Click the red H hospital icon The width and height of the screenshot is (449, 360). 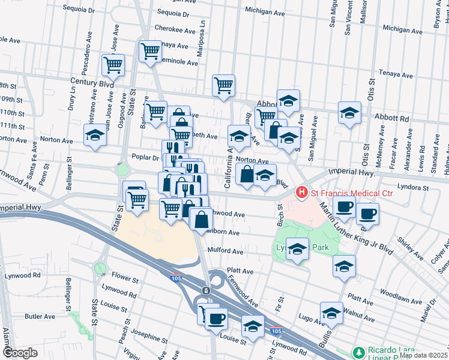pos(301,193)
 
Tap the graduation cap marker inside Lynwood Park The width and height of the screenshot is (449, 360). pos(297,248)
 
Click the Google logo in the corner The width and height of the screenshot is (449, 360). pos(20,352)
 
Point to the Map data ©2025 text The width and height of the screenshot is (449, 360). pos(423,355)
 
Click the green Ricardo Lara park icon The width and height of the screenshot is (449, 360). pos(358,351)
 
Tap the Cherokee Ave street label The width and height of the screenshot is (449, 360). pos(175,30)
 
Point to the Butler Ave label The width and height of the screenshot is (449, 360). pos(40,316)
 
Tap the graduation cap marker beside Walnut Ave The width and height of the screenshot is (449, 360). pos(330,313)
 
